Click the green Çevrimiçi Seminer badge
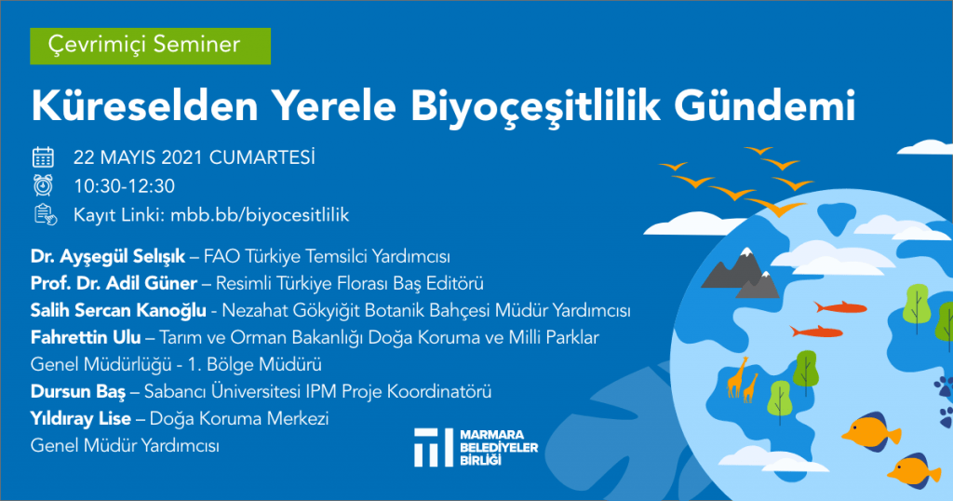(150, 46)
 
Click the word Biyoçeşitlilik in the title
(535, 106)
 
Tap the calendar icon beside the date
(43, 157)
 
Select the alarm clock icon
(43, 185)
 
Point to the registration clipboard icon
(45, 214)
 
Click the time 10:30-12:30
(124, 186)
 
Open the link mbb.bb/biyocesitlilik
(260, 214)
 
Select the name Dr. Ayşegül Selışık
(108, 257)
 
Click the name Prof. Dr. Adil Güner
(114, 283)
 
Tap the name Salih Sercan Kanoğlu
(118, 311)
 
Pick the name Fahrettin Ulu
(86, 337)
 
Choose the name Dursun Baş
(78, 391)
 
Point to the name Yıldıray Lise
(81, 419)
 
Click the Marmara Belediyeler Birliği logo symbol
(434, 448)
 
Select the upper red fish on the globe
(840, 307)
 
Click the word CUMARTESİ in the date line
(262, 157)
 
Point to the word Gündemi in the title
(765, 105)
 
